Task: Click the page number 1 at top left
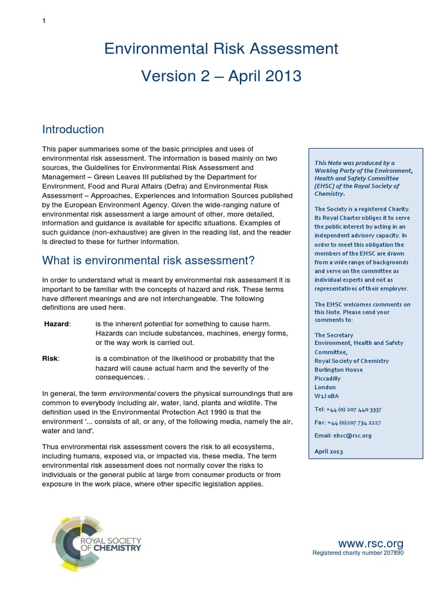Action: point(44,21)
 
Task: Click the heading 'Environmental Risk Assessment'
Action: point(221,49)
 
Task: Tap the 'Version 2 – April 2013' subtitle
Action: point(221,76)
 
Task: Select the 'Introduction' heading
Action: point(73,130)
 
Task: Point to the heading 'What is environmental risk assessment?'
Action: point(148,260)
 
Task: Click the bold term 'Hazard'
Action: point(57,324)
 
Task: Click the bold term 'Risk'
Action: point(50,358)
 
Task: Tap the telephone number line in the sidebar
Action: point(347,409)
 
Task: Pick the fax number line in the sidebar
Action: point(347,422)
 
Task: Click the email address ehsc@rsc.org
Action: point(343,436)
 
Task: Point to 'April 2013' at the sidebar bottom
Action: point(328,452)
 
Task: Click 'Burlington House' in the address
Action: point(339,370)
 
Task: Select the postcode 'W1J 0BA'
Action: point(325,396)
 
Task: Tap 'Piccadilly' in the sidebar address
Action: point(328,379)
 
